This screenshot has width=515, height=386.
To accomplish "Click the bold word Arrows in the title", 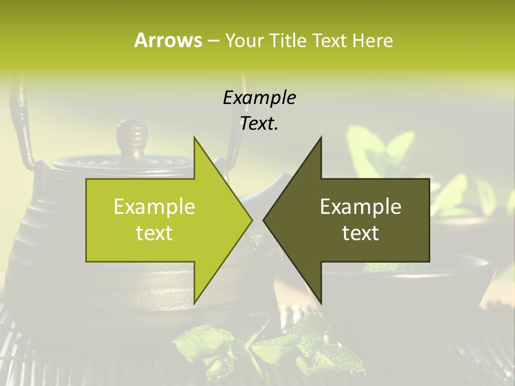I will tap(168, 40).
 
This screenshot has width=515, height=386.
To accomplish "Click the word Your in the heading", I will tap(244, 40).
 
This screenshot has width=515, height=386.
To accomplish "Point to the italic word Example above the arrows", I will tap(259, 98).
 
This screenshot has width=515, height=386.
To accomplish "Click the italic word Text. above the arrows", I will tap(259, 123).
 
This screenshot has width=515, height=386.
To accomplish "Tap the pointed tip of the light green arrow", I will tap(250, 220).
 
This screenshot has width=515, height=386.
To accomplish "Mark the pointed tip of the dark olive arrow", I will tap(266, 220).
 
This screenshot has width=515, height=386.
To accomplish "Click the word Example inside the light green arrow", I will tap(154, 206).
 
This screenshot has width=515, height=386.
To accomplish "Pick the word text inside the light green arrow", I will tap(154, 233).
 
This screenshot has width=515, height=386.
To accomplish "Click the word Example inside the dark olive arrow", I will tap(360, 206).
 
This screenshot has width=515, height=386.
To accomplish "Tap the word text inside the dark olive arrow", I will tap(360, 233).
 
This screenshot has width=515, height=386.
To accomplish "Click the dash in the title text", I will tap(212, 41).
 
